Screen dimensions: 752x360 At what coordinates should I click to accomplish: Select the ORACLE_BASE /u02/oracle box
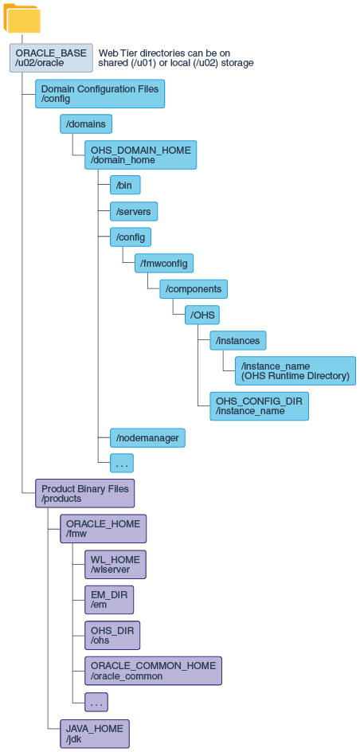click(x=51, y=58)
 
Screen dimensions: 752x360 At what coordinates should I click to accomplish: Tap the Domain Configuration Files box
click(x=100, y=94)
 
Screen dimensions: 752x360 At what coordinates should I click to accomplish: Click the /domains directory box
click(x=86, y=124)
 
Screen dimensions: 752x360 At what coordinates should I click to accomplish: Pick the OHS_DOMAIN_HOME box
click(x=140, y=155)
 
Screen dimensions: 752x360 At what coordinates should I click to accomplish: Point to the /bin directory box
click(x=125, y=185)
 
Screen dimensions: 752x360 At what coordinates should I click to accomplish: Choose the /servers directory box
click(x=134, y=211)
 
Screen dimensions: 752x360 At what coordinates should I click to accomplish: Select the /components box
click(x=194, y=288)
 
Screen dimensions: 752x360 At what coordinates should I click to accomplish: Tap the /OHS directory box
click(x=202, y=315)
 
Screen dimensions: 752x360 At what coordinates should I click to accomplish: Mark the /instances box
click(x=237, y=341)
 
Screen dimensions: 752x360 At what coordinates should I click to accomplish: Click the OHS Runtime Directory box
click(x=295, y=370)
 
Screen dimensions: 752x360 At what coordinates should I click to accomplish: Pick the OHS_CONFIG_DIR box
click(x=258, y=406)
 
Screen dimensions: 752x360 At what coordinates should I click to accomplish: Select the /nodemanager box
click(x=147, y=437)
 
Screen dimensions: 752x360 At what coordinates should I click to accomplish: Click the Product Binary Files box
click(x=84, y=493)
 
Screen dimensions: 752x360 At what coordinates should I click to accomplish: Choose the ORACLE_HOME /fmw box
click(x=103, y=529)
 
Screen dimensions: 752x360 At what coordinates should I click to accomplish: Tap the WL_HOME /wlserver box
click(x=115, y=565)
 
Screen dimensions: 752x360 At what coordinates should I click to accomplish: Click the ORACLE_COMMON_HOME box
click(x=153, y=671)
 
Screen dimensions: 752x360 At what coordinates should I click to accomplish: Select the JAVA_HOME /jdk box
click(x=94, y=733)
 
